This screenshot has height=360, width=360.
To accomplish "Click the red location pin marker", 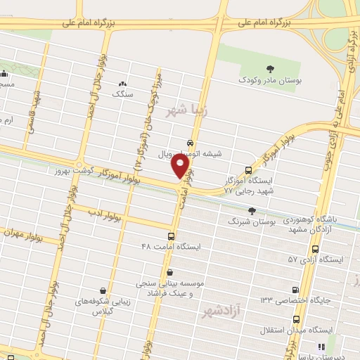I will pos(181,166).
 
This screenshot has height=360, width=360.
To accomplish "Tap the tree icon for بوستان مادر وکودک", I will pos(271,69).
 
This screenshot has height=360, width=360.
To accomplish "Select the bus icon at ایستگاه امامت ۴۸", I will pos(171,236).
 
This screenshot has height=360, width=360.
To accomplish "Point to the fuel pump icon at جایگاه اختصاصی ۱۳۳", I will pos(295,290).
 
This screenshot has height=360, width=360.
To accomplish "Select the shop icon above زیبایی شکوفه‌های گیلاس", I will pos(104,290).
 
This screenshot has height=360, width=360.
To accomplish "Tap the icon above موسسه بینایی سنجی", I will pos(169,271).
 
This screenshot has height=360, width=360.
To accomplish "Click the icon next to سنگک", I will pos(124,84).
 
